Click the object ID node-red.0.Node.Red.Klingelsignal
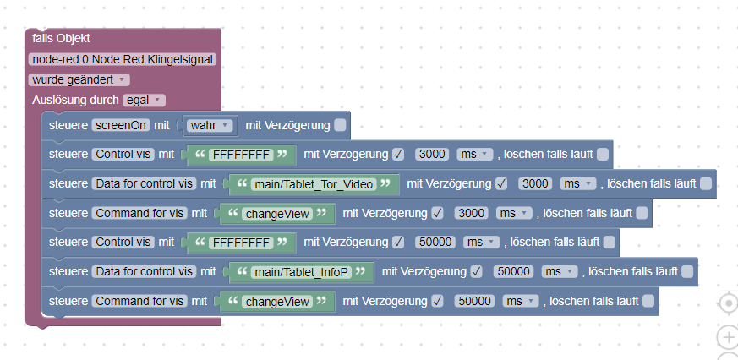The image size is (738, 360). pos(122,59)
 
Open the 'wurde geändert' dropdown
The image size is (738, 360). pos(79,79)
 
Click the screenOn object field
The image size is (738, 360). pos(121,126)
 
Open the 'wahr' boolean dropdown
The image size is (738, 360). pos(210,126)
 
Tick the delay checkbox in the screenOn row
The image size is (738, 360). pos(340,126)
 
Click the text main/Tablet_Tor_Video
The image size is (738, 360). pos(314,184)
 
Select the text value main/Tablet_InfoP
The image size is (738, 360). pos(301,272)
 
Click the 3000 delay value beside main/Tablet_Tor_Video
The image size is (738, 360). pos(536,184)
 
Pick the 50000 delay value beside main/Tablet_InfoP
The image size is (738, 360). pos(512,272)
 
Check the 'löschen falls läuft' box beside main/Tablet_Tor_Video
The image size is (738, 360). pos(706,184)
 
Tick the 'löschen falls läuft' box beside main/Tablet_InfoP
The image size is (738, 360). pos(687,272)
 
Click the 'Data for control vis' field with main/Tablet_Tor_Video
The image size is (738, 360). pos(146,184)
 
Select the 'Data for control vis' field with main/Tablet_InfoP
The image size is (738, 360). pos(146,272)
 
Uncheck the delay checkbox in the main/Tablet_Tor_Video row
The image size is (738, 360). pos(502,184)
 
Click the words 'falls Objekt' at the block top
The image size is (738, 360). pos(61,39)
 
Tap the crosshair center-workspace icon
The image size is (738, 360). pos(727,303)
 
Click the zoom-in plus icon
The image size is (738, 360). pos(727,338)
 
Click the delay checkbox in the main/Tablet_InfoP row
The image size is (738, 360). pos(478,272)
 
